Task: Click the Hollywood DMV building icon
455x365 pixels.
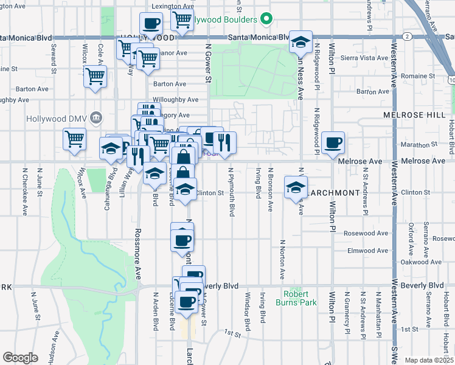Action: point(96,117)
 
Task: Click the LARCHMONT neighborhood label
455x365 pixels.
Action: point(333,192)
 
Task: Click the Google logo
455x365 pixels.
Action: point(20,358)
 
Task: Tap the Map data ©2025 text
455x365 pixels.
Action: point(429,360)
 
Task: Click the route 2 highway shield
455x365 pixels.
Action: point(406,37)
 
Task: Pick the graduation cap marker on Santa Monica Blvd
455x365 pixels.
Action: point(300,42)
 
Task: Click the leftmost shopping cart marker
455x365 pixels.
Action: point(74,138)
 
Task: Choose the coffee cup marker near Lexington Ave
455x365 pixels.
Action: point(151,24)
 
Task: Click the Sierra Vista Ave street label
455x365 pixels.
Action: point(365,58)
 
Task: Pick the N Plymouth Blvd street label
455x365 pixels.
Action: point(232,201)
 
